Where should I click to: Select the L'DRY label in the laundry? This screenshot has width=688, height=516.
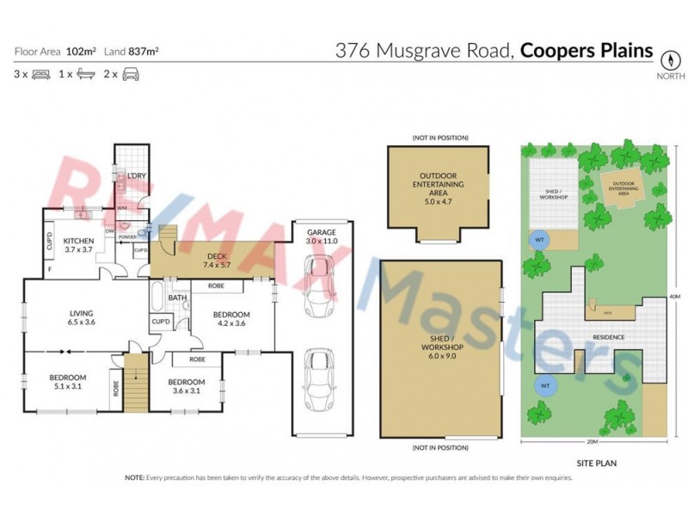point(136,176)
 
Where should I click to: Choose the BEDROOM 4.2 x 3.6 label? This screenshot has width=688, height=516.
point(232,319)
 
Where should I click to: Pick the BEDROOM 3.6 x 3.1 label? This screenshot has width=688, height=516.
point(186,386)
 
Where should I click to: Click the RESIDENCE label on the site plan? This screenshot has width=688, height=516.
point(607,337)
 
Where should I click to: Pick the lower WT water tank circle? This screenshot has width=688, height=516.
point(544,386)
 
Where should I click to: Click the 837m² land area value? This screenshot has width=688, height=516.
point(143,52)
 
